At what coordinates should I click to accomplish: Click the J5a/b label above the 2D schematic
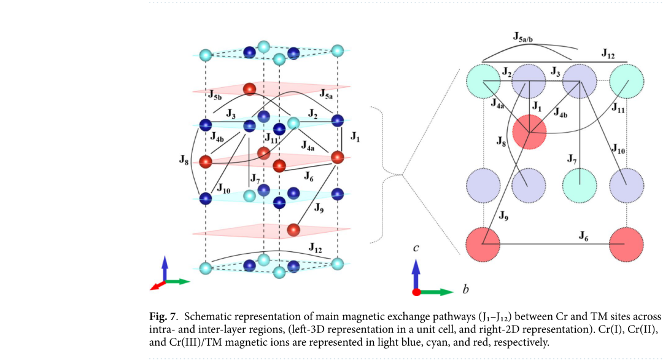pyautogui.click(x=523, y=37)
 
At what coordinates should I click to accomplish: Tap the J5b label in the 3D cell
pyautogui.click(x=215, y=95)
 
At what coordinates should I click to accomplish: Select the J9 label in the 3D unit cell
pyautogui.click(x=319, y=208)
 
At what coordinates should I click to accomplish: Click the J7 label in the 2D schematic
pyautogui.click(x=572, y=159)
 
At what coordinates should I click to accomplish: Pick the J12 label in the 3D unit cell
pyautogui.click(x=316, y=248)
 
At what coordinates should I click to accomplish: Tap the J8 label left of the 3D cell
pyautogui.click(x=184, y=160)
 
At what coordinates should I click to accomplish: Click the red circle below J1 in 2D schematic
pyautogui.click(x=529, y=132)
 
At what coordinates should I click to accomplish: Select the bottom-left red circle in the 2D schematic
pyautogui.click(x=483, y=244)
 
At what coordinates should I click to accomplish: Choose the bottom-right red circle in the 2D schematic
pyautogui.click(x=626, y=244)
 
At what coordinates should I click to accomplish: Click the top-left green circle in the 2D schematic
pyautogui.click(x=483, y=81)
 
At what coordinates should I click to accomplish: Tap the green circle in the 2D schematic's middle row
pyautogui.click(x=580, y=186)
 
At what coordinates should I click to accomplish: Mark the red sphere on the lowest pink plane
pyautogui.click(x=293, y=230)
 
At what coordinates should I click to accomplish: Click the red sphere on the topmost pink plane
pyautogui.click(x=249, y=89)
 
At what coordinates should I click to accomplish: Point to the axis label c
pyautogui.click(x=416, y=248)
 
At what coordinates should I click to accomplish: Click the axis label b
pyautogui.click(x=465, y=289)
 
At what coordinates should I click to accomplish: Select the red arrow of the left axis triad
pyautogui.click(x=157, y=286)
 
